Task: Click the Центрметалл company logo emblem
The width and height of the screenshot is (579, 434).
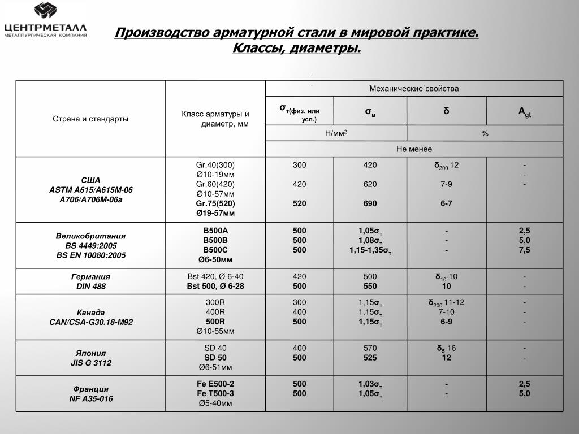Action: pos(46,12)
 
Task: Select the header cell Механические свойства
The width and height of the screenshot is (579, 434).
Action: pos(414,89)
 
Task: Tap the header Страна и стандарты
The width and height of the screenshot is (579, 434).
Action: pos(90,119)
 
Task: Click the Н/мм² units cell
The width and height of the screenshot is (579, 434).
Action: pos(336,133)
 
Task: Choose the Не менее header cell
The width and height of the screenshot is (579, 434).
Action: pos(414,149)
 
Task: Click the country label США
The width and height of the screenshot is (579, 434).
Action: pos(90,180)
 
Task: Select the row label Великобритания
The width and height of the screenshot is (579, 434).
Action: pos(90,236)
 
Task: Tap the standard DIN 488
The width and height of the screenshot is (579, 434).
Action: pos(90,287)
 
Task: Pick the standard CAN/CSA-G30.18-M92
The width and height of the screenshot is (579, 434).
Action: pos(90,322)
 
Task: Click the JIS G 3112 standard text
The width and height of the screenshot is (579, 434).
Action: pos(90,363)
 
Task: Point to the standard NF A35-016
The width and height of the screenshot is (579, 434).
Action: pos(90,399)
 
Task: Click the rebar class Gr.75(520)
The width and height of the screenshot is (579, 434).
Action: pos(215,203)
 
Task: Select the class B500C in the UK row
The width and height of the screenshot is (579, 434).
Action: pos(215,250)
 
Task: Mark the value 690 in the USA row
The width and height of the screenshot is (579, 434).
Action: pos(370,203)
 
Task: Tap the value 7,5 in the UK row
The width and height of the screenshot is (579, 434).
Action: pos(524,250)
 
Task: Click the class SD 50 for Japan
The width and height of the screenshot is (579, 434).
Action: pos(215,358)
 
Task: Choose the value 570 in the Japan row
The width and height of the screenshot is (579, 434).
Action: pos(370,348)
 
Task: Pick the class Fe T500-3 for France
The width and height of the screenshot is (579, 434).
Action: pos(215,393)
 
